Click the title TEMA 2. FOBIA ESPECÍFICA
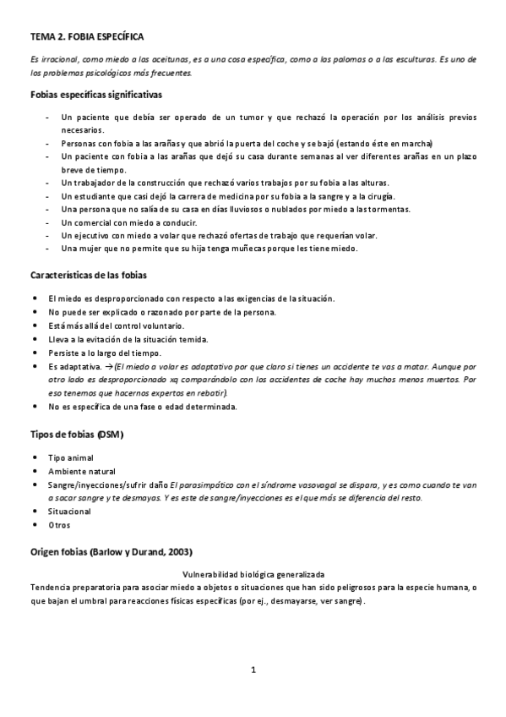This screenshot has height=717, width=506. click(87, 37)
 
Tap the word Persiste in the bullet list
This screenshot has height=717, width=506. click(66, 353)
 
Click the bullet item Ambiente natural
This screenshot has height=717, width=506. click(82, 471)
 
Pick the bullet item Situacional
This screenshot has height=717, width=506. click(69, 512)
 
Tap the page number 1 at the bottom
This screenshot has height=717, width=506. click(253, 670)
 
